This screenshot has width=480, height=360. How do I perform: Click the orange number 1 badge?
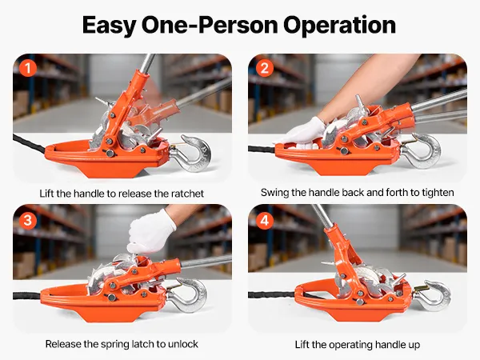[x=28, y=68]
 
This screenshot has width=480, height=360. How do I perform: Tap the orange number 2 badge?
[x=265, y=68]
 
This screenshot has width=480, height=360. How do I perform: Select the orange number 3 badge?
[x=28, y=220]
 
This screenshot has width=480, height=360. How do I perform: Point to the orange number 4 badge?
[x=265, y=220]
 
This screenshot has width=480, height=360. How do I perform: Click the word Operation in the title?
[x=339, y=26]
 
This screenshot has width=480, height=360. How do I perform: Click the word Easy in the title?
[x=108, y=26]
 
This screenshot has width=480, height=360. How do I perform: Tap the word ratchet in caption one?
[x=187, y=194]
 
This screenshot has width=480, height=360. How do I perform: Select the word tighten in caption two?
[x=438, y=193]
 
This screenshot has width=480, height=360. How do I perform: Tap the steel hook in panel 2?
[x=422, y=150]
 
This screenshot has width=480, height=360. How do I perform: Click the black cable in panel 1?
[x=30, y=143]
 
